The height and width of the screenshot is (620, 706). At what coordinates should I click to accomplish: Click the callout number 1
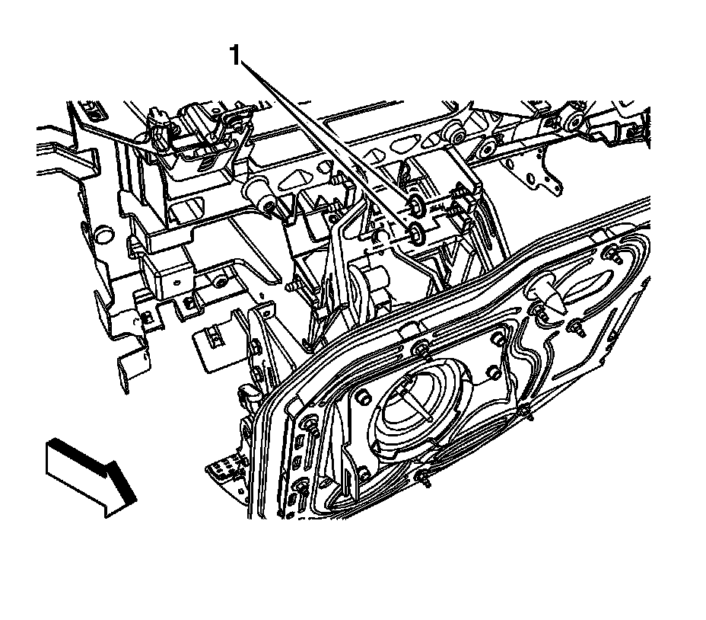[236, 56]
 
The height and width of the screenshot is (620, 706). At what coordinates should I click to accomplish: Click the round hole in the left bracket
[103, 234]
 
